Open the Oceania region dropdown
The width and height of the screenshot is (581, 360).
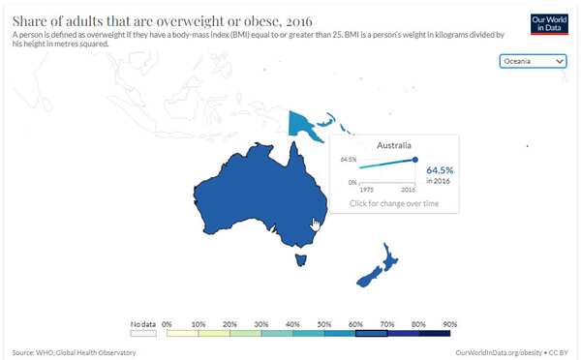pos(533,61)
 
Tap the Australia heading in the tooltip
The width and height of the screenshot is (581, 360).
pos(392,143)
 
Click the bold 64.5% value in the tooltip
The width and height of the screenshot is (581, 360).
pos(441,169)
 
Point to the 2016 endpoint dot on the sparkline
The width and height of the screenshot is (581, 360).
pos(415,160)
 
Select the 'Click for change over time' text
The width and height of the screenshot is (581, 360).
pos(393,203)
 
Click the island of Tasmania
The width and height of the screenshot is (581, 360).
pos(301,257)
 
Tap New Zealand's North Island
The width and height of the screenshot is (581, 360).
pos(386,258)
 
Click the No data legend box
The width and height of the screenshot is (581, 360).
pos(142,332)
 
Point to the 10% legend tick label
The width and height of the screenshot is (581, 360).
pos(199,322)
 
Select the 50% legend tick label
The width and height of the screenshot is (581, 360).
pos(324,322)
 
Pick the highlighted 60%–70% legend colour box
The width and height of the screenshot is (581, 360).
pos(372,332)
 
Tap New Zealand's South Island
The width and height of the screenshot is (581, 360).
pos(366,278)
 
